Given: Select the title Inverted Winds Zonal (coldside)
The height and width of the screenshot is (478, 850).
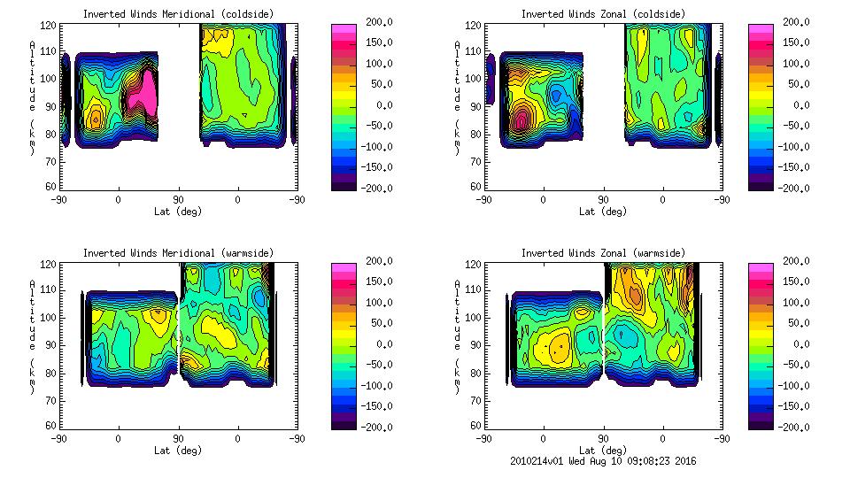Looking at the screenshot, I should pyautogui.click(x=602, y=14).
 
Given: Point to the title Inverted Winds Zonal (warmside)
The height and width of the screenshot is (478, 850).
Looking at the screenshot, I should pyautogui.click(x=602, y=253).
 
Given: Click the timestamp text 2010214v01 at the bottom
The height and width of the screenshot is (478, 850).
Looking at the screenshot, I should pyautogui.click(x=536, y=461).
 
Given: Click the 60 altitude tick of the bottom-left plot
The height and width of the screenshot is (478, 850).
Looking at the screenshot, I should pyautogui.click(x=52, y=426).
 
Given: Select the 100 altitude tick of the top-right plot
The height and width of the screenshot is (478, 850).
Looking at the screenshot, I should pyautogui.click(x=475, y=79).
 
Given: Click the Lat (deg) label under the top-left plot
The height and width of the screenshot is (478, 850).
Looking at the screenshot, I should pyautogui.click(x=178, y=212).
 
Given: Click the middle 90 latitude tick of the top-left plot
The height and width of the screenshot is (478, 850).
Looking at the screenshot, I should pyautogui.click(x=178, y=200).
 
